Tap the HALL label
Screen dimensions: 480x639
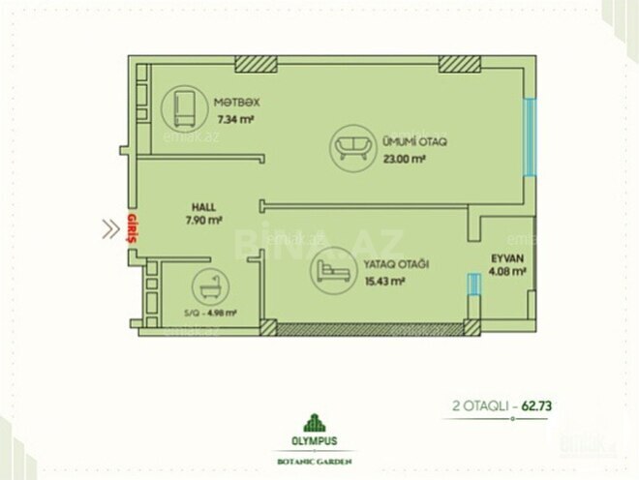203,207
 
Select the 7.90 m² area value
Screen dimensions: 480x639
203,222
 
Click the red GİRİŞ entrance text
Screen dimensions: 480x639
132,227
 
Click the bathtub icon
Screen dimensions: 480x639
207,286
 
